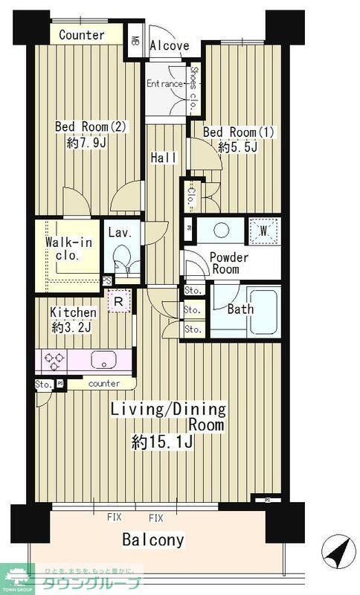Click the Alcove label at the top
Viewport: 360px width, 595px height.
click(x=170, y=45)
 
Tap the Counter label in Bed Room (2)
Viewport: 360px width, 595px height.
click(x=82, y=35)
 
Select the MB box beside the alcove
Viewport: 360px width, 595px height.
click(x=136, y=42)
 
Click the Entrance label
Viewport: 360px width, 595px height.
click(x=164, y=83)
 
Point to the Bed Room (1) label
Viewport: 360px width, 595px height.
click(x=239, y=132)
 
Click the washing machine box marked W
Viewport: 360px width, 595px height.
click(x=263, y=230)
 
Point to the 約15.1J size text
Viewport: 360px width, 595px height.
click(x=162, y=443)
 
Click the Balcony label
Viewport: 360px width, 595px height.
click(x=153, y=540)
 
